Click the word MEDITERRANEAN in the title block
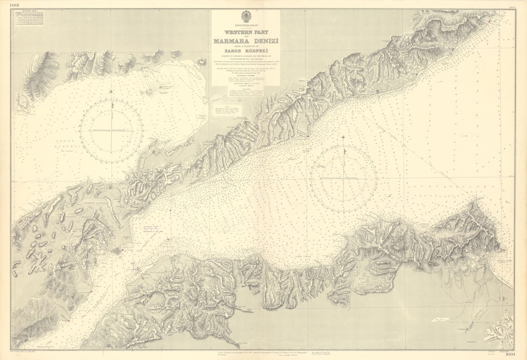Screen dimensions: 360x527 (246, 24)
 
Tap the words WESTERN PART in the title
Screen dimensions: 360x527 (246, 33)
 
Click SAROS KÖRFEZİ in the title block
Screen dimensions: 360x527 (246, 49)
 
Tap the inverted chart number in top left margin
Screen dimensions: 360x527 (6, 5)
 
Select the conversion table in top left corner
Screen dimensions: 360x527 (29, 18)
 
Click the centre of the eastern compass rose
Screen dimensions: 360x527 (343, 178)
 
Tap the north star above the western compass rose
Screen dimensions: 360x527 (111, 91)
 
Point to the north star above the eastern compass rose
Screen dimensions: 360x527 (343, 137)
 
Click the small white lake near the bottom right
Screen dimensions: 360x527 (440, 320)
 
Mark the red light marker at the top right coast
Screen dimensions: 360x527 (488, 21)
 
